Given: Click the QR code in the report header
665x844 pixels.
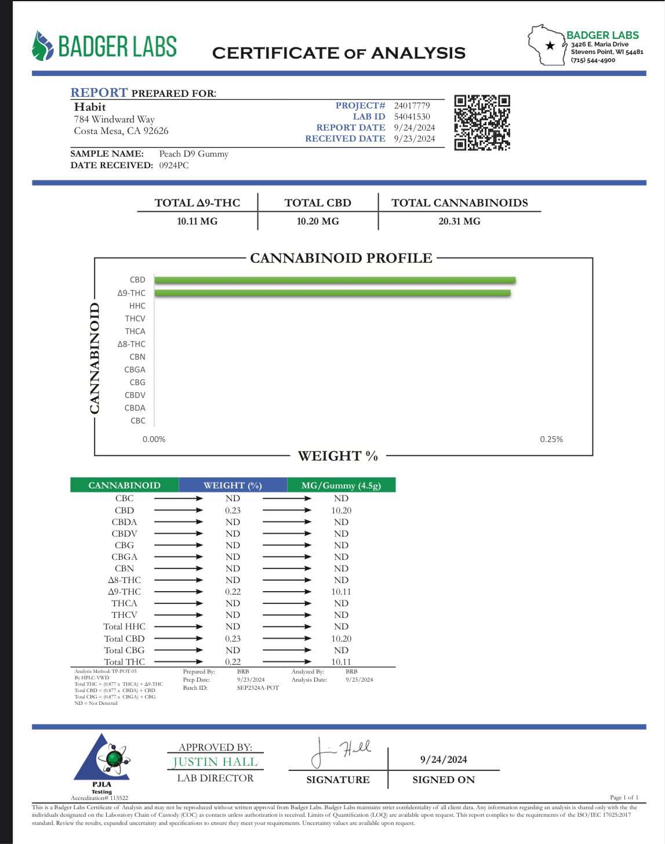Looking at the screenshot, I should pos(482,122).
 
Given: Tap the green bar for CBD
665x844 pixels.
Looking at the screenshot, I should pos(335,280).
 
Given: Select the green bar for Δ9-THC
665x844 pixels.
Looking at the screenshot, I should pos(332,293).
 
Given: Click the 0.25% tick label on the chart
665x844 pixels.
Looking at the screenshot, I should pos(551,439).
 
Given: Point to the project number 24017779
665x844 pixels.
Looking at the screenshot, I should pos(412,106).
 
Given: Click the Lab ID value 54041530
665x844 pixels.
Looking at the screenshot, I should pos(412,117).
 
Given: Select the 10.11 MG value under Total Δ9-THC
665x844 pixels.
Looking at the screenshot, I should pos(197,221).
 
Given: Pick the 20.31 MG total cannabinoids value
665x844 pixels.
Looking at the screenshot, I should pos(459,221).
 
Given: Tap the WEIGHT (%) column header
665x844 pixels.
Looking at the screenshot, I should pos(232,486).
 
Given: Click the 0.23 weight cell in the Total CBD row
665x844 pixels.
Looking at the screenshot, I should pos(232,639).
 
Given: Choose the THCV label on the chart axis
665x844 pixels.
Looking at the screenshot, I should pos(135,318).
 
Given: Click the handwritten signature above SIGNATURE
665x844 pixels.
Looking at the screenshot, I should pos(340,752).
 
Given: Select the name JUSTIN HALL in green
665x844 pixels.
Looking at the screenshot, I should pos(215,762).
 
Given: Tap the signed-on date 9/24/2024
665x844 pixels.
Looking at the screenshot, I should pos(444,759).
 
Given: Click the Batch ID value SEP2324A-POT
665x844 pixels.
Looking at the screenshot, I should pos(258,688).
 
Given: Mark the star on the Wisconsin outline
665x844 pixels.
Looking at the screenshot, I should pos(550,46).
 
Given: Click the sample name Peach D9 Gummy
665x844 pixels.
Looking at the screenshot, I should pos(194,154).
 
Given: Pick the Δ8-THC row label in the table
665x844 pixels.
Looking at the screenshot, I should pos(124,580).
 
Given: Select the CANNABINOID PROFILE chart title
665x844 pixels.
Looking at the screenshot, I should pos(341,258).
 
